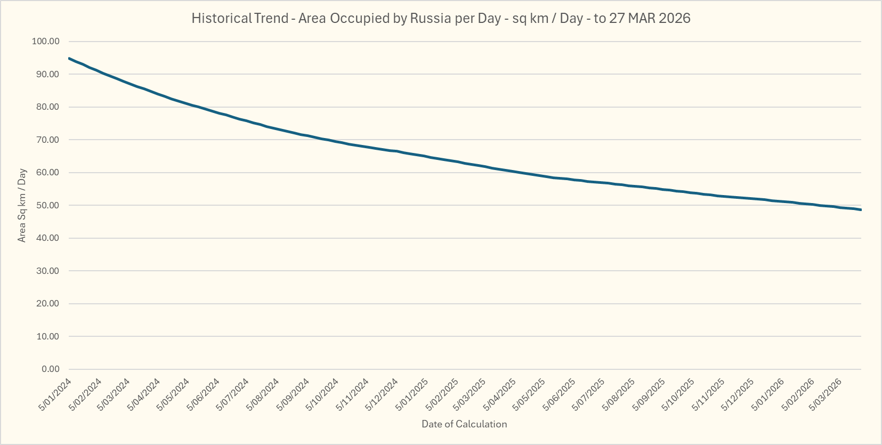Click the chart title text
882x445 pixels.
coord(441,18)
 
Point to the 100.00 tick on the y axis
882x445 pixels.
coord(46,42)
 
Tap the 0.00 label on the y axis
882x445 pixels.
coord(50,369)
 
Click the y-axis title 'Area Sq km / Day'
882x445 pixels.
coord(22,206)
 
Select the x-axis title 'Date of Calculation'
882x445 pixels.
coord(464,424)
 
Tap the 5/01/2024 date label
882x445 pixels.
coord(55,394)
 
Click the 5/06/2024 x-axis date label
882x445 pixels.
coord(204,394)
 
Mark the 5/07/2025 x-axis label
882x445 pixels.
coord(589,394)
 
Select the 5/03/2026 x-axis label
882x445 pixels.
coord(826,394)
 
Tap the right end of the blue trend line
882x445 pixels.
coord(860,209)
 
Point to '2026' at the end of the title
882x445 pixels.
coord(674,18)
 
